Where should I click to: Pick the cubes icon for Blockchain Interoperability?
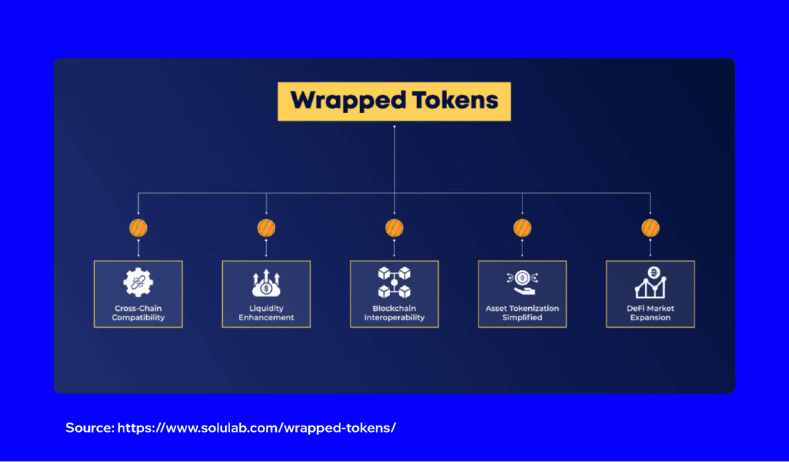[x=394, y=282]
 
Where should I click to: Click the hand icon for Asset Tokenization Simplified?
[x=522, y=282]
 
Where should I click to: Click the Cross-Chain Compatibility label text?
[x=138, y=313]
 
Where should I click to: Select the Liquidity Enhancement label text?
[x=266, y=313]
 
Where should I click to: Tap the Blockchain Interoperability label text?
[x=394, y=313]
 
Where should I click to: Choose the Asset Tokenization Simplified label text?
[x=522, y=313]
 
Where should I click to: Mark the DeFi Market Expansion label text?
[x=650, y=313]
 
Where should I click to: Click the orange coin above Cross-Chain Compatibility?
[x=138, y=228]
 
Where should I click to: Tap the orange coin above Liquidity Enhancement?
[x=266, y=228]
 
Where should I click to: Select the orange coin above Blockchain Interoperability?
[x=394, y=228]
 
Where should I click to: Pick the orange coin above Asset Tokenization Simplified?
[x=522, y=228]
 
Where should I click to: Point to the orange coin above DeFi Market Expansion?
[x=650, y=228]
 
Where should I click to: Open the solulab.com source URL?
[x=256, y=428]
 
